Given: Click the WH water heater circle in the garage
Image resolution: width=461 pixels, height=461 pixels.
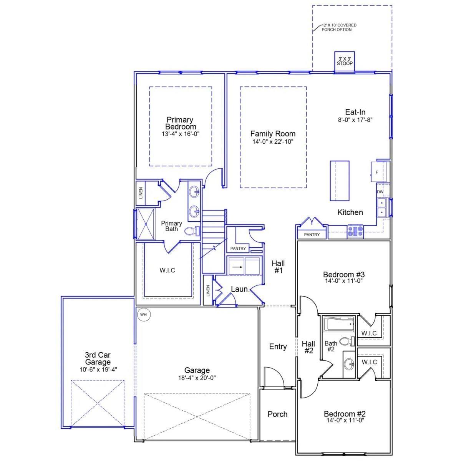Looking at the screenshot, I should (144, 315).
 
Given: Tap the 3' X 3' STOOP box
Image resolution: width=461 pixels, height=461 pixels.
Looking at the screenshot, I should (345, 61).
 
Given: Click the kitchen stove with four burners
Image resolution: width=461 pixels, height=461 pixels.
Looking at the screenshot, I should (355, 231).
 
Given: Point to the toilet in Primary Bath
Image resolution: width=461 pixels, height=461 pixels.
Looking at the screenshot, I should (191, 231).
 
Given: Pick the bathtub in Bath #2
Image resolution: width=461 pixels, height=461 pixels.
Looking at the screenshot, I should (338, 325).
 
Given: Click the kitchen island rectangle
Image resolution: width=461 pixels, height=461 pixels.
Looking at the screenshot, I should (340, 181).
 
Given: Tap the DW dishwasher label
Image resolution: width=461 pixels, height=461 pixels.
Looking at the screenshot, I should (380, 192).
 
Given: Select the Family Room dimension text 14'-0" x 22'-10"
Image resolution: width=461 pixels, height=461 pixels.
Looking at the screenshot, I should (273, 141).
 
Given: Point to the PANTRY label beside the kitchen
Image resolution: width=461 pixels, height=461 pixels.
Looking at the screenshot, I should (312, 234).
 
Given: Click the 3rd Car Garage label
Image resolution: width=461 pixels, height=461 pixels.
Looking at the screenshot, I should (98, 358).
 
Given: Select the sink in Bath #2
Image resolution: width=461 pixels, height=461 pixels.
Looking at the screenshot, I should (349, 364).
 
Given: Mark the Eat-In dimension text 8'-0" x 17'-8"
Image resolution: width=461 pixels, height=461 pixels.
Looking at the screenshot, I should (355, 119).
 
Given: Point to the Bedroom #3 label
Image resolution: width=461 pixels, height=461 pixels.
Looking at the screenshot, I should (343, 275).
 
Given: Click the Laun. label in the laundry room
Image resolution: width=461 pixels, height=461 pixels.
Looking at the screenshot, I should (240, 289).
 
